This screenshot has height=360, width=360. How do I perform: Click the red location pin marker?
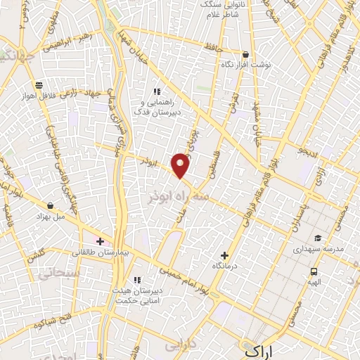181,165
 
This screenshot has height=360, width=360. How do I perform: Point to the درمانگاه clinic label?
224,266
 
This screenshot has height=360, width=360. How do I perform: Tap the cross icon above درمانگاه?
224,255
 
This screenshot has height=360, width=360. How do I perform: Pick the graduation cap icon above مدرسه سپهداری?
318,238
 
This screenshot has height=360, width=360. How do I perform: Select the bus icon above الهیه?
313,271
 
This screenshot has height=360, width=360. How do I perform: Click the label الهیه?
313,281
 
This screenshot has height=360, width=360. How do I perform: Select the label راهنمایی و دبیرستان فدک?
159,106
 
